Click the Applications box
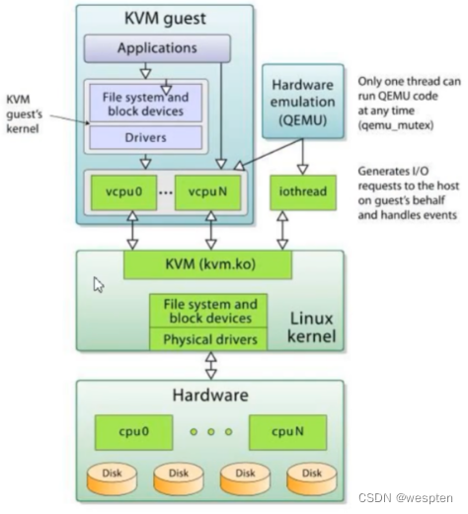coord(157,48)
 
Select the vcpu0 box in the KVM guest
coord(123,192)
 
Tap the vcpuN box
coord(207,192)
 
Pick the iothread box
coord(303,192)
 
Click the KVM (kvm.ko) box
coord(207,264)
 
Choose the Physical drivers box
coord(208,339)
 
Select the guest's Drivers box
coord(146,137)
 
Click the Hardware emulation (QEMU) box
coord(303,102)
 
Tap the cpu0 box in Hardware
coord(133,432)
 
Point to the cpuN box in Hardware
coord(288,432)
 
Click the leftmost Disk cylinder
coord(112,478)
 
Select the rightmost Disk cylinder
coord(312,478)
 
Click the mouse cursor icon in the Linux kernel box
coord(99,285)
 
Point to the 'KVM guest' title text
coord(165,19)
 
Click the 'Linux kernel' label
coord(311,328)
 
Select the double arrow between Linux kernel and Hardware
coord(211,365)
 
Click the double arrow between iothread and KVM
coord(282,230)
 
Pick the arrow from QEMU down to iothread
coord(303,157)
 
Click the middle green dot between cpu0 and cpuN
coord(211,432)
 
